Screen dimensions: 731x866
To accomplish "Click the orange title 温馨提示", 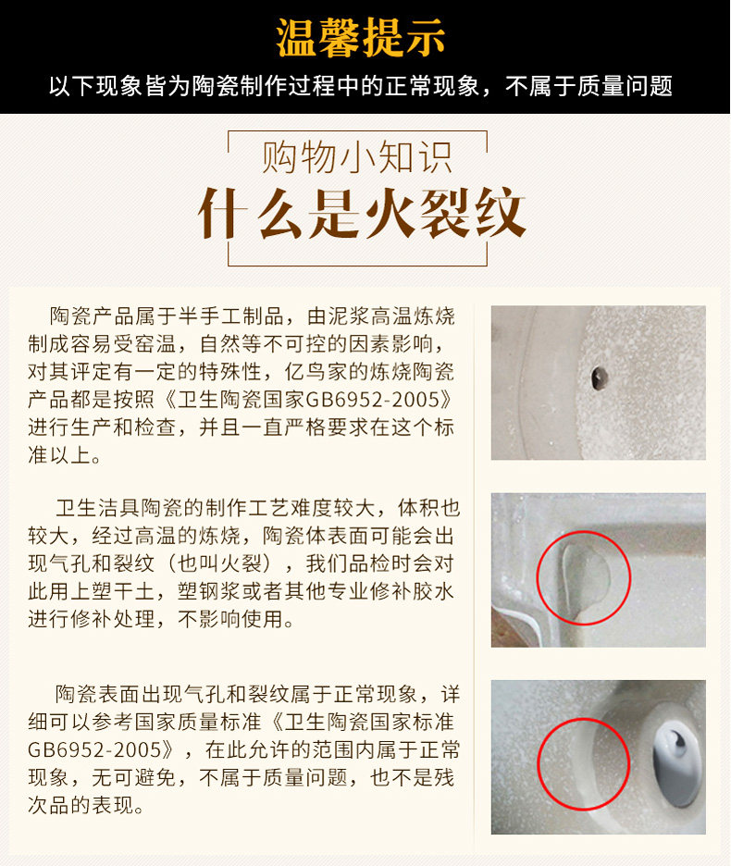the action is point(360,38).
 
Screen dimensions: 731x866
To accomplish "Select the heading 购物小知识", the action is point(357,157).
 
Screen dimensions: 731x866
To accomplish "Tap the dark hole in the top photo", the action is point(599,377).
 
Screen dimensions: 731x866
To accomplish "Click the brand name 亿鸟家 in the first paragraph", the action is point(316,372).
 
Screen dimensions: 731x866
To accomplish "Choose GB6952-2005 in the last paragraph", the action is point(93,750).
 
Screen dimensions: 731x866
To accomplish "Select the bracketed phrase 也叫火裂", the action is point(220,563).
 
